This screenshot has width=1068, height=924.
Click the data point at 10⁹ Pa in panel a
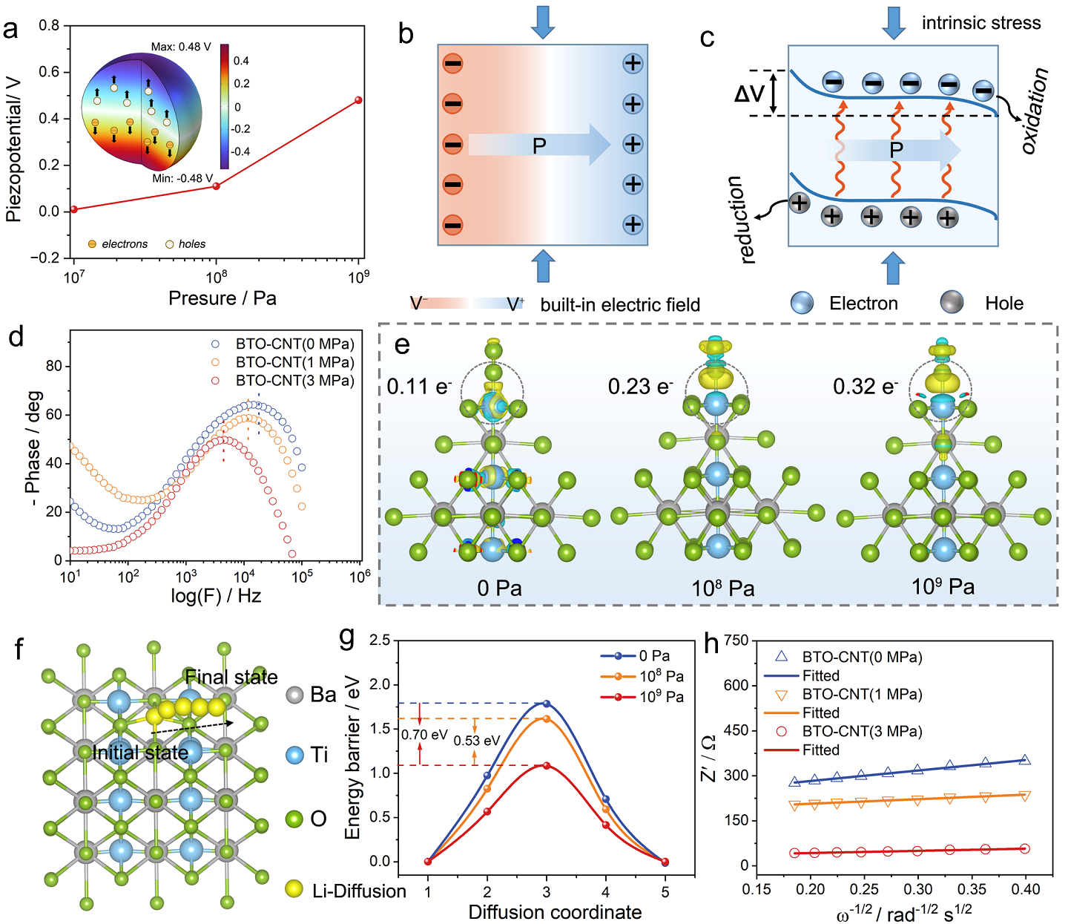pyautogui.click(x=358, y=99)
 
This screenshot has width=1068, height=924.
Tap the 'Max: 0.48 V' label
pyautogui.click(x=181, y=47)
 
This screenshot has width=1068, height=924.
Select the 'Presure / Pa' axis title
pyautogui.click(x=222, y=298)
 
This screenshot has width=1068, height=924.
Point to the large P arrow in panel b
pyautogui.click(x=539, y=145)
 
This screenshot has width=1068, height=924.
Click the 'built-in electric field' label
pyautogui.click(x=620, y=305)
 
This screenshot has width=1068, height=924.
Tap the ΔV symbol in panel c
pyautogui.click(x=749, y=94)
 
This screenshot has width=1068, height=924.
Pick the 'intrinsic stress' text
pyautogui.click(x=980, y=23)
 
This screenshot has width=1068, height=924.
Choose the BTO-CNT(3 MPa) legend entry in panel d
pyautogui.click(x=294, y=381)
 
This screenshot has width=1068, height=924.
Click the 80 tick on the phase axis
pyautogui.click(x=53, y=367)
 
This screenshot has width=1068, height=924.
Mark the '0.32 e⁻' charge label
pyautogui.click(x=865, y=387)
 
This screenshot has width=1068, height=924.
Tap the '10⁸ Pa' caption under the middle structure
pyautogui.click(x=722, y=589)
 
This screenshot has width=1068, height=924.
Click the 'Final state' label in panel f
pyautogui.click(x=231, y=677)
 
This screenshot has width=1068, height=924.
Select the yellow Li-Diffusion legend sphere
pyautogui.click(x=294, y=888)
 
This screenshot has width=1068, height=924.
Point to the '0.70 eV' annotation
pyautogui.click(x=424, y=735)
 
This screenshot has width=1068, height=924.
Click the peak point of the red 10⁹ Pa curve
pyautogui.click(x=547, y=765)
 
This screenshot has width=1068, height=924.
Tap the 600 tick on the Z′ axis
pyautogui.click(x=736, y=686)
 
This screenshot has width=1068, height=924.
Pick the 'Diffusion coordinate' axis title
pyautogui.click(x=555, y=912)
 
